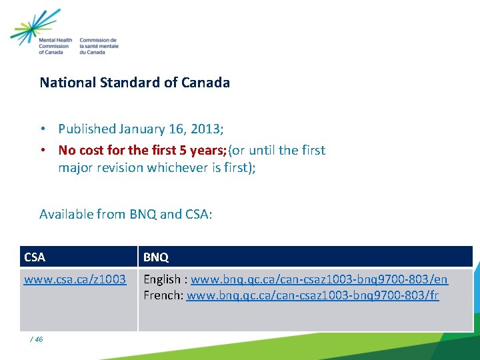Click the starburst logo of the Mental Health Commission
(35, 26)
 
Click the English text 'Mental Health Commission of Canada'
(55, 46)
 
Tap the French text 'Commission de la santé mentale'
(99, 46)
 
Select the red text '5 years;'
(203, 150)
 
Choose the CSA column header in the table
(35, 257)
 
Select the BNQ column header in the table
(156, 257)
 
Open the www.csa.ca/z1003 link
(75, 279)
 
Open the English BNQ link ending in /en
(319, 279)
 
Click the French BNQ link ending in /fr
(313, 295)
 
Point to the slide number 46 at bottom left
(38, 339)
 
